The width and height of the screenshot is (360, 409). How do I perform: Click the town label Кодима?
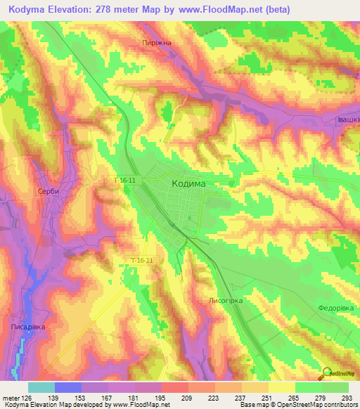(188, 182)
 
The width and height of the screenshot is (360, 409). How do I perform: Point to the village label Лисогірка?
(225, 300)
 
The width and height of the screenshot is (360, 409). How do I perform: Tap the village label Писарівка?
(29, 327)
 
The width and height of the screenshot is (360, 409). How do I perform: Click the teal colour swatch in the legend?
(41, 387)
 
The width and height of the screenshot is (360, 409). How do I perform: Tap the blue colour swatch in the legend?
(67, 387)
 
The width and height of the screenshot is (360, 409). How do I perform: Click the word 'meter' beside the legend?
(11, 398)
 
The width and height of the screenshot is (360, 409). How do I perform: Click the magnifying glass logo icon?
(328, 372)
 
